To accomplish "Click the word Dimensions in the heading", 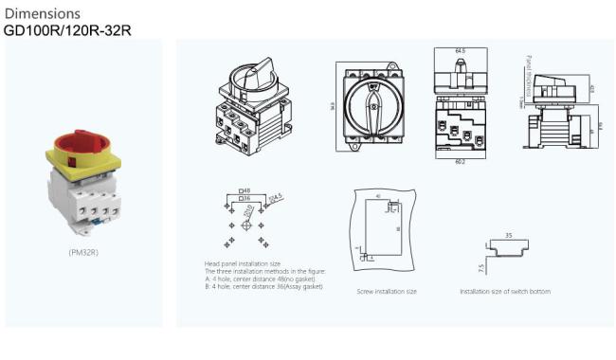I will pyautogui.click(x=42, y=13).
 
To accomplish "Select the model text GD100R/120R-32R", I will pyautogui.click(x=67, y=29).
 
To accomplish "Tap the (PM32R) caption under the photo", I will pyautogui.click(x=84, y=253).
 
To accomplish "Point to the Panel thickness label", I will pyautogui.click(x=525, y=75).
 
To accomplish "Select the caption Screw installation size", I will pyautogui.click(x=386, y=292).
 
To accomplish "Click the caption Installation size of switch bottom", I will pyautogui.click(x=505, y=292).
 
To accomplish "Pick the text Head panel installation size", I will pyautogui.click(x=242, y=262).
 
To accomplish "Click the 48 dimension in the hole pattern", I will pyautogui.click(x=248, y=192).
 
